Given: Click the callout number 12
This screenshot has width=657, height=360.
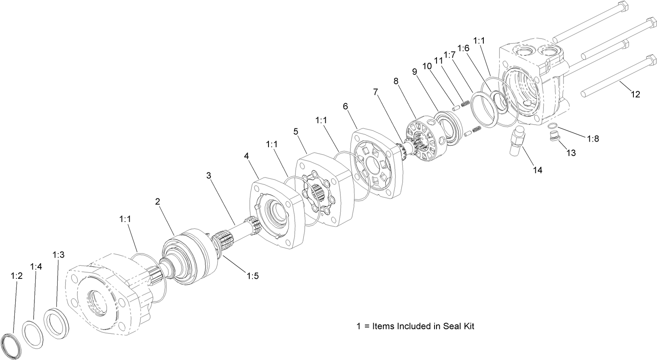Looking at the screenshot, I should pos(635,94).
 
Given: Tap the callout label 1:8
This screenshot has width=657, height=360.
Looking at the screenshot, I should pos(593,138).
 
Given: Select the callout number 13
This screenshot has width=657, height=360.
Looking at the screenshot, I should pos(571,153).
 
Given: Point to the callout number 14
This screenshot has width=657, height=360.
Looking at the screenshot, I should pos(537,170).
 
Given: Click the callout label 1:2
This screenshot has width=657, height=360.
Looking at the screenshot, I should pos(17,276).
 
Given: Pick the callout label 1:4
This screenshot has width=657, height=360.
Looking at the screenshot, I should pos(36,266).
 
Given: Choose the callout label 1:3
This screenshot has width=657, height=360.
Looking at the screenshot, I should pos(58,255).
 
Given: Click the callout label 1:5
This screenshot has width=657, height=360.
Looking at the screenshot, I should pos(252,276).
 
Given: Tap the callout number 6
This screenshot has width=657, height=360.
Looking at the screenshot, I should pos(345,106).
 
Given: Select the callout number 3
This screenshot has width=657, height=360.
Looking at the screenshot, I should pos(208,175).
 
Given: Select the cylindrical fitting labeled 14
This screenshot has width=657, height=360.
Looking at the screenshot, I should pos(517,141).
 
